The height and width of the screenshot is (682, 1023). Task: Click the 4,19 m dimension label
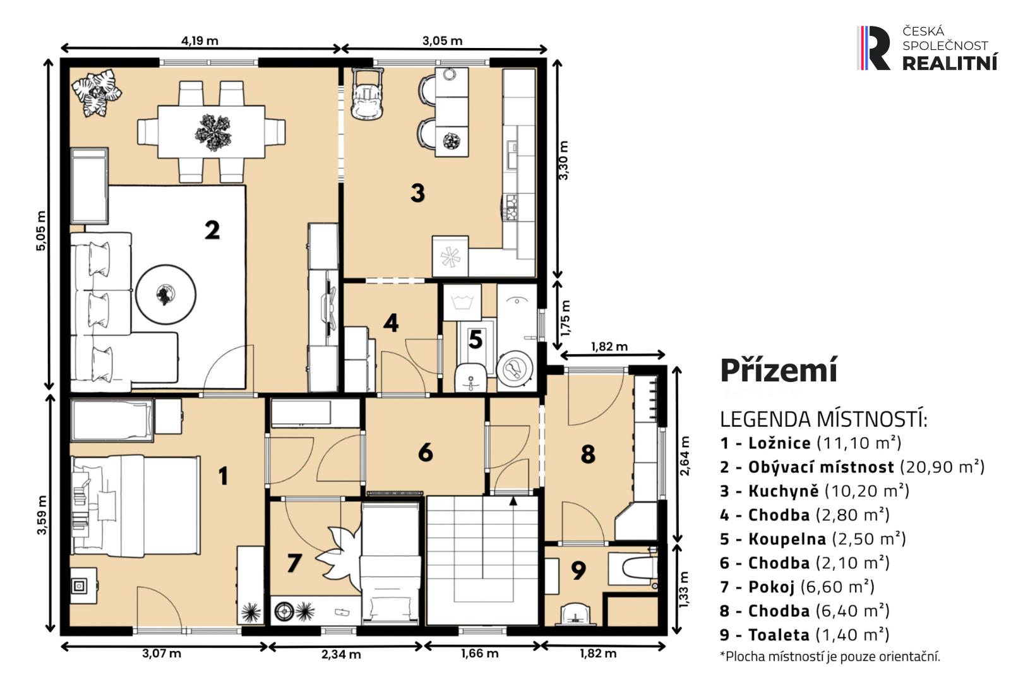(x=200, y=40)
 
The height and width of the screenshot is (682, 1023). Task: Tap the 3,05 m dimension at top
(x=442, y=40)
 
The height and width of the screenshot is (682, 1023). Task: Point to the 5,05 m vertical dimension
(x=40, y=230)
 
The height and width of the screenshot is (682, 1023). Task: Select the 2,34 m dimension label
(x=341, y=654)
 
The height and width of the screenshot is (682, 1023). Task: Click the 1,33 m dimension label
(x=683, y=590)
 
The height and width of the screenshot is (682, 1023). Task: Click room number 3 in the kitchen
(x=417, y=193)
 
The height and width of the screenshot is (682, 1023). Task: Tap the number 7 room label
(x=294, y=563)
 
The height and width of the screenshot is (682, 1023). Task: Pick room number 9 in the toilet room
(x=578, y=570)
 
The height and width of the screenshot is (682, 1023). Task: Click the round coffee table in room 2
(x=166, y=295)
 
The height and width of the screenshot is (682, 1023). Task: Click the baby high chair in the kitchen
(x=367, y=93)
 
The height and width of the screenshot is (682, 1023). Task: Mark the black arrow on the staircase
(x=513, y=501)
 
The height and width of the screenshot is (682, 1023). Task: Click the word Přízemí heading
(x=779, y=370)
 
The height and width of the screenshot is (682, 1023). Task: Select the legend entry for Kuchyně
(x=815, y=491)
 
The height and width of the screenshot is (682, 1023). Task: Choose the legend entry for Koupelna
(x=813, y=539)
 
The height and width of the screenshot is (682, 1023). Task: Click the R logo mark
(x=873, y=48)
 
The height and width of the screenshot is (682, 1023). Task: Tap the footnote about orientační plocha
(x=830, y=656)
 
